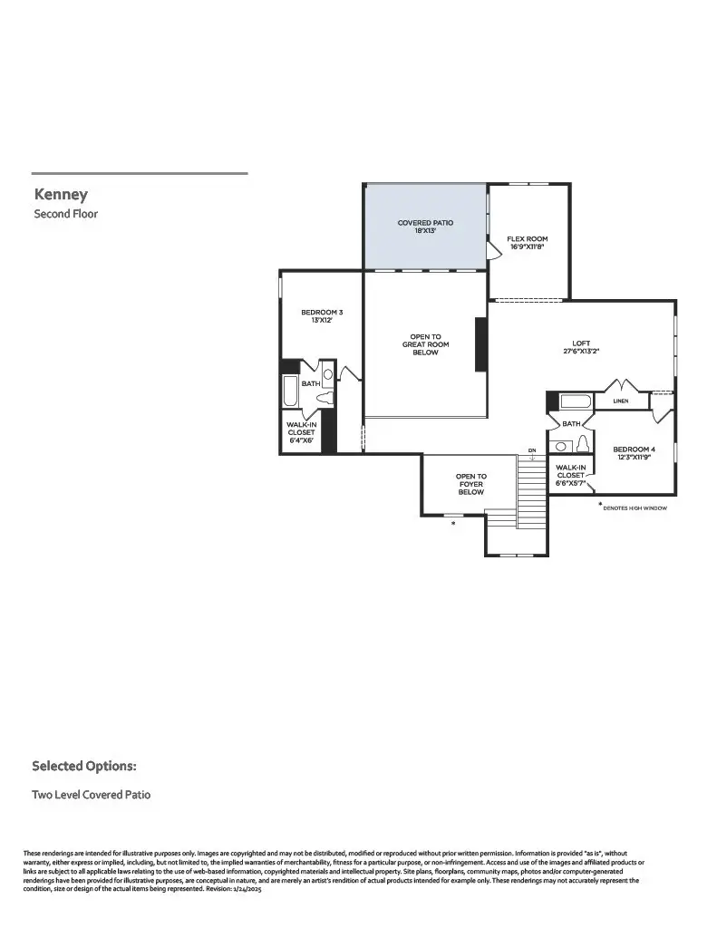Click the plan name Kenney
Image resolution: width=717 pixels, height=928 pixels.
(x=61, y=194)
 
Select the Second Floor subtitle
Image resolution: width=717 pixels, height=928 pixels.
(x=65, y=214)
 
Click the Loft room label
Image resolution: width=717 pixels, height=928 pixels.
(x=581, y=343)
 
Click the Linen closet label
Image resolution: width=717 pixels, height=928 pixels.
(x=620, y=401)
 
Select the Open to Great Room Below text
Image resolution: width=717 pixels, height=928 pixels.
(x=425, y=344)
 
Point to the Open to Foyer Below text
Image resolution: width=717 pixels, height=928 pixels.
(x=470, y=484)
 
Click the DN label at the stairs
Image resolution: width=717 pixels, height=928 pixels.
(x=532, y=450)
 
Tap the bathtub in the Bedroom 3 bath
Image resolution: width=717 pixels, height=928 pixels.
(x=290, y=391)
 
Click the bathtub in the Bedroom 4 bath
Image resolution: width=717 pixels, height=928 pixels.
(x=575, y=401)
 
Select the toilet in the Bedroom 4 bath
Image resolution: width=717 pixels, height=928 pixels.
(x=582, y=444)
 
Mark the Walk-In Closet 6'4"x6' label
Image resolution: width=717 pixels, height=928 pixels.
(x=301, y=432)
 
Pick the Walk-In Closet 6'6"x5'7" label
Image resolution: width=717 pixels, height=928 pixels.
(x=570, y=474)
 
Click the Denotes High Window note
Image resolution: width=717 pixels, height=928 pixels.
(x=635, y=508)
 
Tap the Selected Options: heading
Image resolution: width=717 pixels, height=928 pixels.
(x=84, y=766)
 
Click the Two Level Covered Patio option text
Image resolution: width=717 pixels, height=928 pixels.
(x=91, y=795)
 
